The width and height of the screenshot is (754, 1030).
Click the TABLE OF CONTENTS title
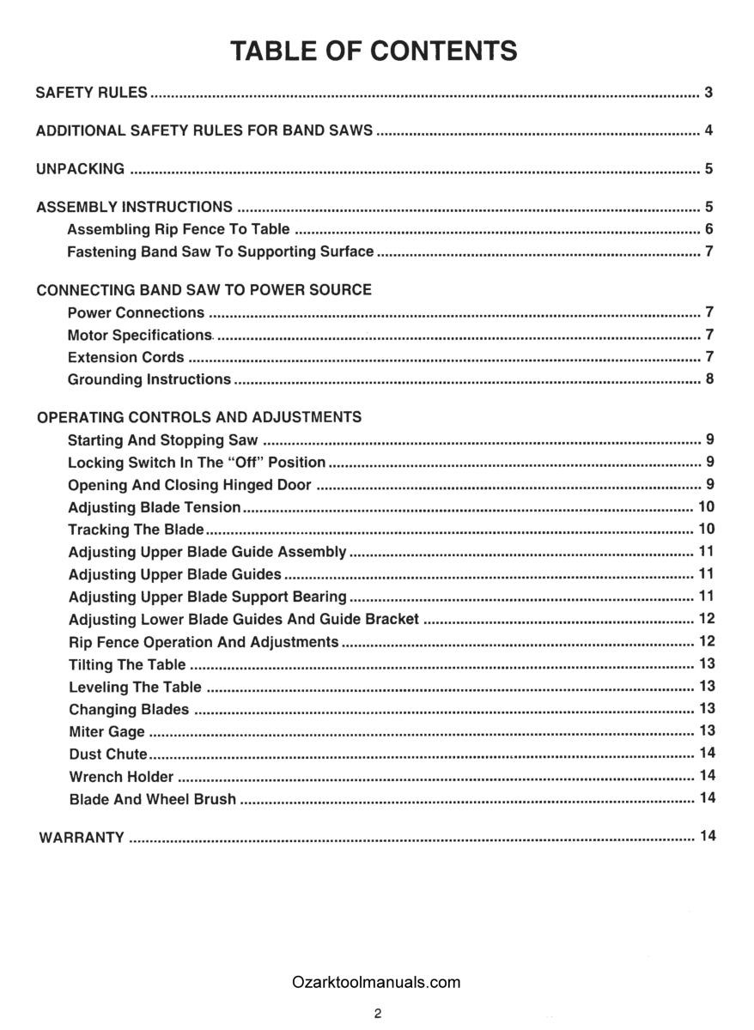(374, 51)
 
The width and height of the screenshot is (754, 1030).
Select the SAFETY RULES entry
(92, 93)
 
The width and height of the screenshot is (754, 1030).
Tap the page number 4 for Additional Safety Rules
(708, 131)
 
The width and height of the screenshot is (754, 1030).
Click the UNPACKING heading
(80, 169)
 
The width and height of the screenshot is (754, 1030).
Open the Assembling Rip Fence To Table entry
(178, 230)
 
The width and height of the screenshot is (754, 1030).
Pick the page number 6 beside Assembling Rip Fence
(708, 229)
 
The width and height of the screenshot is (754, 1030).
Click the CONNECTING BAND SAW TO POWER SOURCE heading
(204, 290)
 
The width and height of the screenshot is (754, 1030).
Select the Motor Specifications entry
(139, 335)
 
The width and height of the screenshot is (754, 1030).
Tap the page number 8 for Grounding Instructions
(708, 379)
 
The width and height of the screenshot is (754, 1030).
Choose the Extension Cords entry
(125, 357)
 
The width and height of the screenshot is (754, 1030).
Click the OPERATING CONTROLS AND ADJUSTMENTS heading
(199, 418)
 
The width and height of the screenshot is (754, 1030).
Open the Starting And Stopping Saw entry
(162, 441)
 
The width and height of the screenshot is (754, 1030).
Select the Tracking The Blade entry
(136, 530)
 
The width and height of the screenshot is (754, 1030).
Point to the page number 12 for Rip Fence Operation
(707, 641)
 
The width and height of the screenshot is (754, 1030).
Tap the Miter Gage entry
(106, 732)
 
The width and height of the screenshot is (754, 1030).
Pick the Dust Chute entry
(107, 754)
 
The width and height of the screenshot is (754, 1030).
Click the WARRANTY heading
(82, 838)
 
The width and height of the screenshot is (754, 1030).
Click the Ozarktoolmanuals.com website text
(376, 983)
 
